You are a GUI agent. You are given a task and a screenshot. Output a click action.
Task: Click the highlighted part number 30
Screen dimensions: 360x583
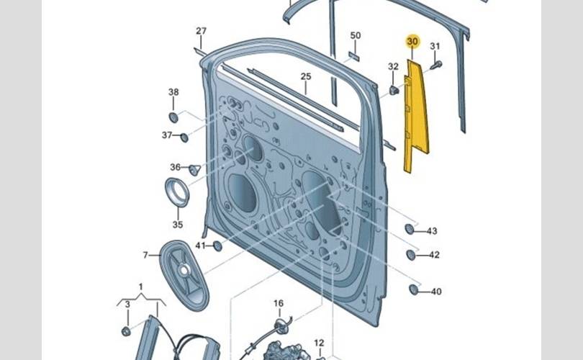click(x=412, y=42)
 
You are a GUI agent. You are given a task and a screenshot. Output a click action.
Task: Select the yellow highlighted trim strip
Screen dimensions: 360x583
click(x=415, y=115)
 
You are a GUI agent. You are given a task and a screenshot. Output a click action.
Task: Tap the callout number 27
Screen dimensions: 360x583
click(x=201, y=31)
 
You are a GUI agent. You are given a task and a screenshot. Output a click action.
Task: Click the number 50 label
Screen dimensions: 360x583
click(x=356, y=36)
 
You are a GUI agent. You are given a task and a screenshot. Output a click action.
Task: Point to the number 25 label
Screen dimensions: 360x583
click(x=306, y=77)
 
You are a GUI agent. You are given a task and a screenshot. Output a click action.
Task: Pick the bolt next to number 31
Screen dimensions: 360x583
click(x=435, y=66)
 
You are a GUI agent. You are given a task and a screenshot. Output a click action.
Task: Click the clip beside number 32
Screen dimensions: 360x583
click(x=394, y=90)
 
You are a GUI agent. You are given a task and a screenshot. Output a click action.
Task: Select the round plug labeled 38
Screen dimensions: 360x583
click(x=173, y=117)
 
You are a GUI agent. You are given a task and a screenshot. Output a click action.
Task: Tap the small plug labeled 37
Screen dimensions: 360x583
click(x=184, y=138)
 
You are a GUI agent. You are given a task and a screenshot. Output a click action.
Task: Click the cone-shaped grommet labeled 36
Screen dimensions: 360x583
click(x=194, y=170)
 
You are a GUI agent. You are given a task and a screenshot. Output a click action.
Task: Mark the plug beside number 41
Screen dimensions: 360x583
click(x=217, y=246)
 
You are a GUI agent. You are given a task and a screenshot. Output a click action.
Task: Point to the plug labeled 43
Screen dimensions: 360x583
click(x=410, y=229)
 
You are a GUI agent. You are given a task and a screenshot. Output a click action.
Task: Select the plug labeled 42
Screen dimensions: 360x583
click(x=411, y=254)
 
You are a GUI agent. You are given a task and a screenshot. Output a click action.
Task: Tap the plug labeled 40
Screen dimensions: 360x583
click(x=414, y=289)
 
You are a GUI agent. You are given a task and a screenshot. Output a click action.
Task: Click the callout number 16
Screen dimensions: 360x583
click(x=279, y=304)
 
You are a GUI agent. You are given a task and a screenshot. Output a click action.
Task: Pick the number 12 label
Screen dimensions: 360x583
click(x=319, y=343)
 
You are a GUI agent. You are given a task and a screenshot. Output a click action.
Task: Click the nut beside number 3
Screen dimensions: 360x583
click(x=126, y=330)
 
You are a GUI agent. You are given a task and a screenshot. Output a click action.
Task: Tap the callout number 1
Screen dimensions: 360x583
click(x=141, y=287)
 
